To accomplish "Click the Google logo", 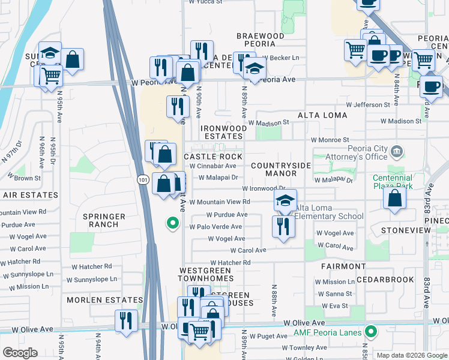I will [20, 353].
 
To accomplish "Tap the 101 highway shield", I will [141, 179].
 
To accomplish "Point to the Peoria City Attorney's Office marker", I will [396, 151].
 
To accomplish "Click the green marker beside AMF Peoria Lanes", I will [371, 331].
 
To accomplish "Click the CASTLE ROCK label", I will [212, 157].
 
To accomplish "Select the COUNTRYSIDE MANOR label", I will [281, 169].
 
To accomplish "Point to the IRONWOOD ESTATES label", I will [223, 133].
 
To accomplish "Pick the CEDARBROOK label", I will [385, 280].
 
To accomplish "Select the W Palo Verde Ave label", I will [215, 227].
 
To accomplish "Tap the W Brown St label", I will [24, 178].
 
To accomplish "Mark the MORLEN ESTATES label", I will [104, 300].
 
